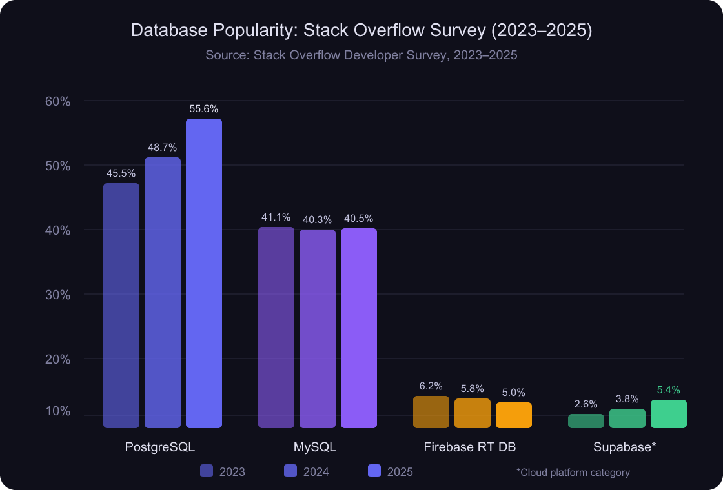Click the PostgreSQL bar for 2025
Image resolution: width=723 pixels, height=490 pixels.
204,273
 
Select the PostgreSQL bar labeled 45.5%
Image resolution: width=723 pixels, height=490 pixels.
121,306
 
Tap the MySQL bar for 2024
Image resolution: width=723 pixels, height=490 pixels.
318,329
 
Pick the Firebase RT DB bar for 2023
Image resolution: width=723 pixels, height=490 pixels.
431,412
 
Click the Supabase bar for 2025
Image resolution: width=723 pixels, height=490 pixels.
669,414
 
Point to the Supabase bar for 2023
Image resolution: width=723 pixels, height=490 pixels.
586,421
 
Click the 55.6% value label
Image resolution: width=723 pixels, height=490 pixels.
204,109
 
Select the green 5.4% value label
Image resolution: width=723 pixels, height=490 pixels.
669,390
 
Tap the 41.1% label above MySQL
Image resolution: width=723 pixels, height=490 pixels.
276,217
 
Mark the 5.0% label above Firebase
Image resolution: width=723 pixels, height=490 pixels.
514,392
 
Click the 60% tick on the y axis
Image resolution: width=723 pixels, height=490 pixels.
57,101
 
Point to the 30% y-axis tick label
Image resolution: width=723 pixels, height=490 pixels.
57,295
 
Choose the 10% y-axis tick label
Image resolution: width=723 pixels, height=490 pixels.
57,411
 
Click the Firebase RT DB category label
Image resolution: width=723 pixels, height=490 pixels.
470,447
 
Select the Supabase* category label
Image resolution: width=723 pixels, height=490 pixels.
625,447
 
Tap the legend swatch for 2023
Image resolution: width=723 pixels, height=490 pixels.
207,471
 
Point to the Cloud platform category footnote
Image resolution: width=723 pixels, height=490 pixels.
573,473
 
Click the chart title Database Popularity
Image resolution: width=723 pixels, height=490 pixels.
361,31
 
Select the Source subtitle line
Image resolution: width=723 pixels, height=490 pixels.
361,55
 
